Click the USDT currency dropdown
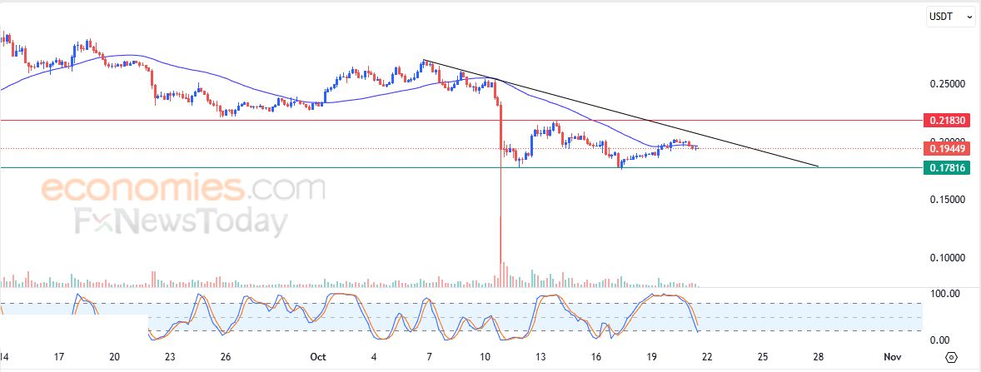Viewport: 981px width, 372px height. point(951,16)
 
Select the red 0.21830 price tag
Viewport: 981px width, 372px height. point(948,121)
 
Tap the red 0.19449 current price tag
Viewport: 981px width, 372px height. point(948,148)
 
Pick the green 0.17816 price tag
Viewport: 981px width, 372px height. point(948,167)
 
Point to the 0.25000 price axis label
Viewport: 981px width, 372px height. point(947,84)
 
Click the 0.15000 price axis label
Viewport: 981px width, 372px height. point(947,200)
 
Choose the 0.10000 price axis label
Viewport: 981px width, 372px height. point(947,258)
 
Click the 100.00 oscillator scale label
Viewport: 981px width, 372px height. point(944,294)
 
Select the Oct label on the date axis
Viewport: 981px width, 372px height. point(317,357)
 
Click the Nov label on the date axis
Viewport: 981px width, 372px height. point(891,357)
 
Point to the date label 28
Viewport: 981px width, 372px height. point(819,357)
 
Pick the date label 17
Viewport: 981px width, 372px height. point(59,357)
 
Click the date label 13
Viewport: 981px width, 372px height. point(540,357)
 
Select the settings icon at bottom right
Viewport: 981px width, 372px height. point(952,358)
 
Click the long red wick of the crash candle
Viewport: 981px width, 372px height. point(500,216)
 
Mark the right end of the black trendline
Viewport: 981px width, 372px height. point(818,166)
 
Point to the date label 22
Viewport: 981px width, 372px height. point(708,357)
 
